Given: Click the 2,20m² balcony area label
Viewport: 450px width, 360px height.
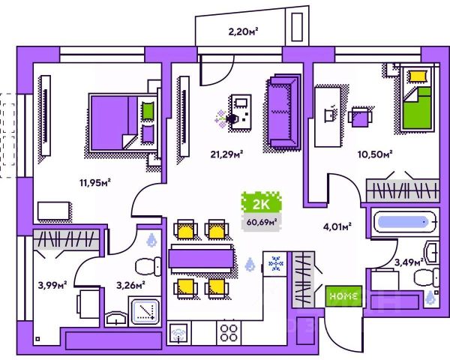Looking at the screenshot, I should [x=242, y=32].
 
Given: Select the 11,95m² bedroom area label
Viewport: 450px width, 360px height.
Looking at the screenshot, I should [x=95, y=182].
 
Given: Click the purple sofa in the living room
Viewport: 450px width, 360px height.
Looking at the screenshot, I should [x=283, y=113].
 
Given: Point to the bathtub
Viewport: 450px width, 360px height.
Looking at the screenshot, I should [x=403, y=222].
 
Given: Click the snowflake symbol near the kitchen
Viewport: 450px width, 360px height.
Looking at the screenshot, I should [x=274, y=265].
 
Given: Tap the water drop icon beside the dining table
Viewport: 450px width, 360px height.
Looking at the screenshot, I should [x=250, y=264].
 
